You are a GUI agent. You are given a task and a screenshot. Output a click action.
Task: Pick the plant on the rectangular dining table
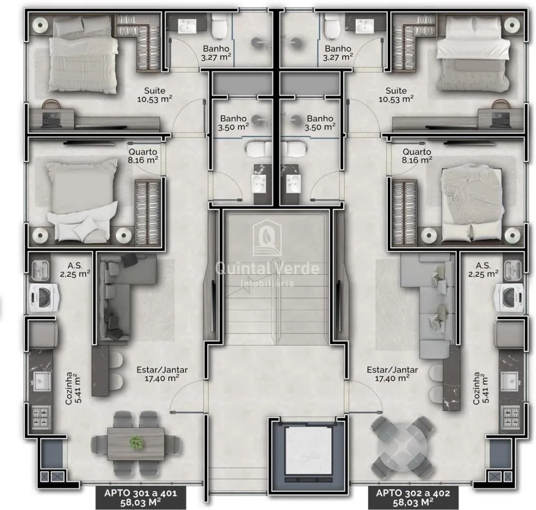click(136, 442)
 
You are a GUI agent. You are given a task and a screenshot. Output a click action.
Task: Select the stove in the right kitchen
click(511, 417)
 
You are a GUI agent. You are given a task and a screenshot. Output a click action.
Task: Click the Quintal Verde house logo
click(267, 238)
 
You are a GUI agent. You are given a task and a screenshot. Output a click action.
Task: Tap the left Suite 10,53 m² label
click(154, 95)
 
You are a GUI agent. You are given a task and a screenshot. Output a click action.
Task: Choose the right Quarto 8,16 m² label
click(417, 155)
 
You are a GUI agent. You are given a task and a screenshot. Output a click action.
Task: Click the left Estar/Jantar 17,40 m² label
click(162, 374)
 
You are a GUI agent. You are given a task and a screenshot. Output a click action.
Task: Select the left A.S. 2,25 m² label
click(75, 270)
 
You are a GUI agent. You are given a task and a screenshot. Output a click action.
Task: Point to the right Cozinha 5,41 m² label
click(481, 388)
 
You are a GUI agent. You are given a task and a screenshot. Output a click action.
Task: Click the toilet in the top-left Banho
click(219, 26)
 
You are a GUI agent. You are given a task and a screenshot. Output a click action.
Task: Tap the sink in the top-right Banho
click(365, 26)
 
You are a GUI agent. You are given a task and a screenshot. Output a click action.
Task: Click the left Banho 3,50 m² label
click(233, 123)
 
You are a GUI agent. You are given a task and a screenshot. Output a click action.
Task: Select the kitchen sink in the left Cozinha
click(42, 381)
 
